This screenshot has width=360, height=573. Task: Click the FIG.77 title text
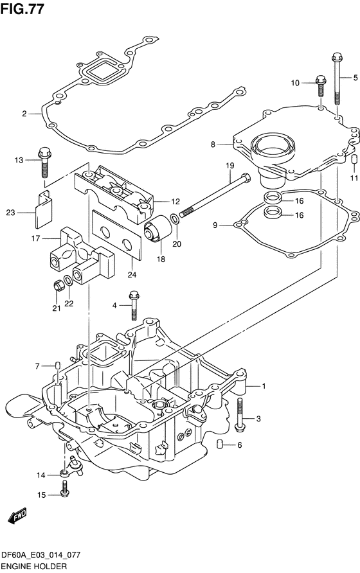[x=22, y=9]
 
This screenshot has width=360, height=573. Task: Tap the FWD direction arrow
[x=17, y=516]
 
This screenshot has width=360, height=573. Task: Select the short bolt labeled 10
[x=321, y=86]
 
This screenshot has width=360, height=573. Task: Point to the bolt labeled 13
[x=44, y=162]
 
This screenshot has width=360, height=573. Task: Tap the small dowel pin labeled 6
[x=219, y=444]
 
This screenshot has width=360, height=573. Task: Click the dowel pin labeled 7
[x=57, y=365]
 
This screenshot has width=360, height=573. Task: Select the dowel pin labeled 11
[x=354, y=160]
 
